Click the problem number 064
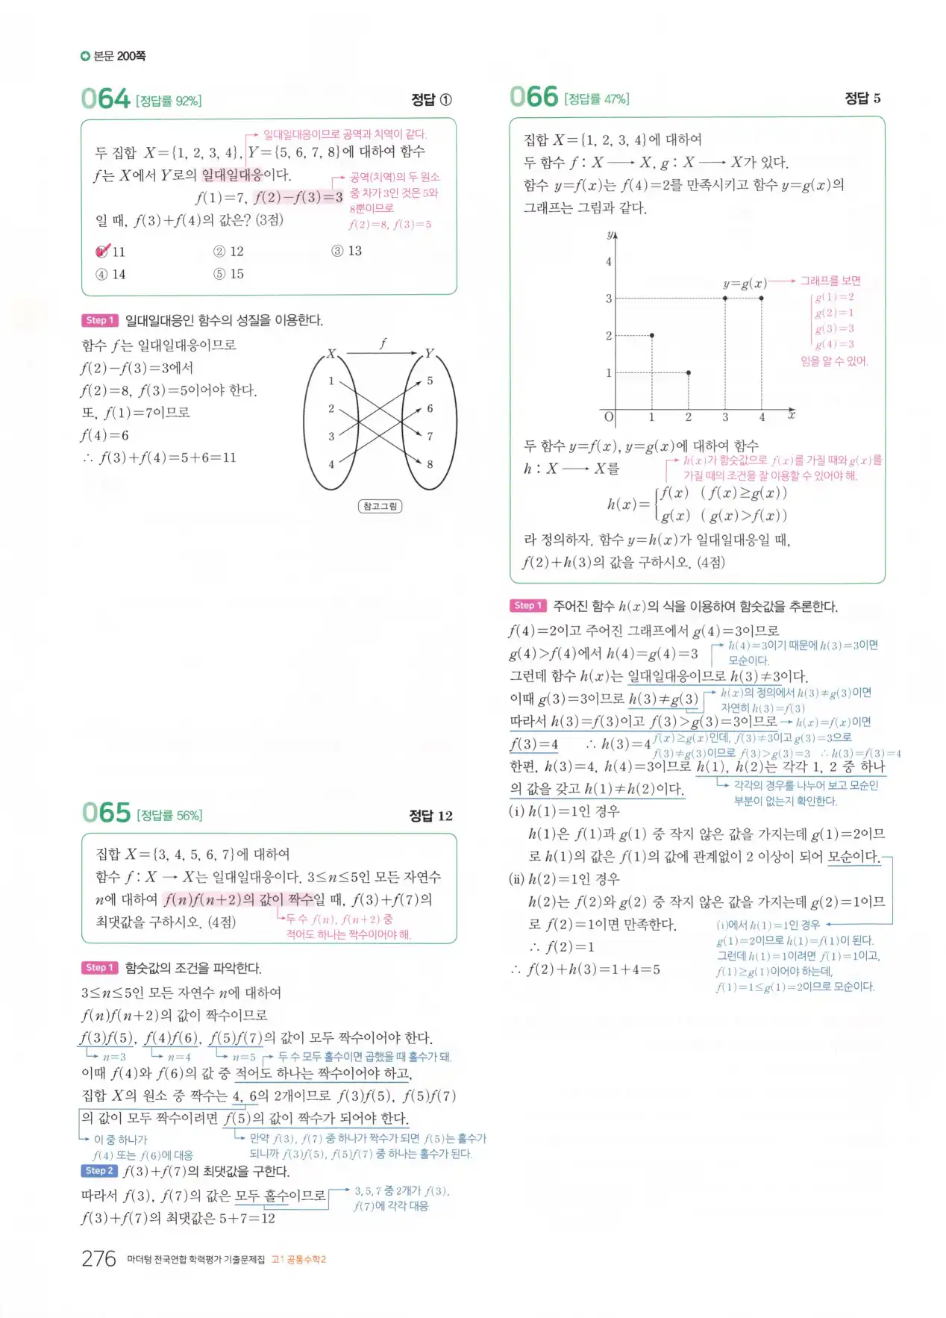(x=105, y=99)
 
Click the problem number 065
(x=106, y=813)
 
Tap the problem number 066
(x=533, y=97)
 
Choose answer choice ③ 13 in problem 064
(x=347, y=251)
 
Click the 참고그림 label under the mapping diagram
(x=380, y=506)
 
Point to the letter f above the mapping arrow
(x=383, y=343)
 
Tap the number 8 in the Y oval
(x=430, y=464)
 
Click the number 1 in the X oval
(x=331, y=381)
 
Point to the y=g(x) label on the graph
(x=745, y=284)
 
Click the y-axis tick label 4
(x=609, y=261)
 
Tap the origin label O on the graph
(x=609, y=417)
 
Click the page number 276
(x=98, y=1258)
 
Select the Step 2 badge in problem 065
(x=99, y=1171)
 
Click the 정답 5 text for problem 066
(x=862, y=99)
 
